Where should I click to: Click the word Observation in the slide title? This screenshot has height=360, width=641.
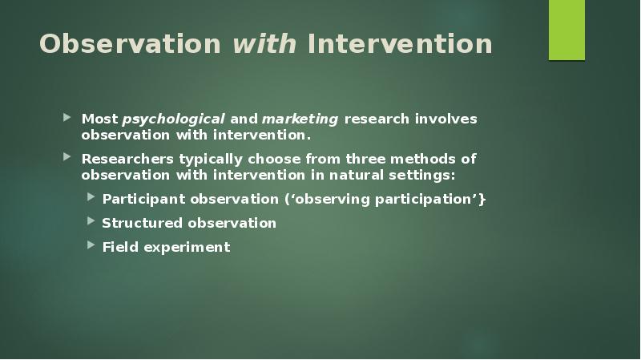[x=131, y=44]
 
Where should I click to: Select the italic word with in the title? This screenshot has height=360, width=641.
[x=265, y=44]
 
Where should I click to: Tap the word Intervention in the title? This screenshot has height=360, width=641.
[x=400, y=44]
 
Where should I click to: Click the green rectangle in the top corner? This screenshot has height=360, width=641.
[x=566, y=30]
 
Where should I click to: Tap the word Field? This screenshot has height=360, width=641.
[x=120, y=247]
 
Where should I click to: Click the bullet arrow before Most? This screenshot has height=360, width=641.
[x=69, y=119]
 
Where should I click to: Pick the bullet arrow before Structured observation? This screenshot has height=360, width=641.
[x=91, y=222]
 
